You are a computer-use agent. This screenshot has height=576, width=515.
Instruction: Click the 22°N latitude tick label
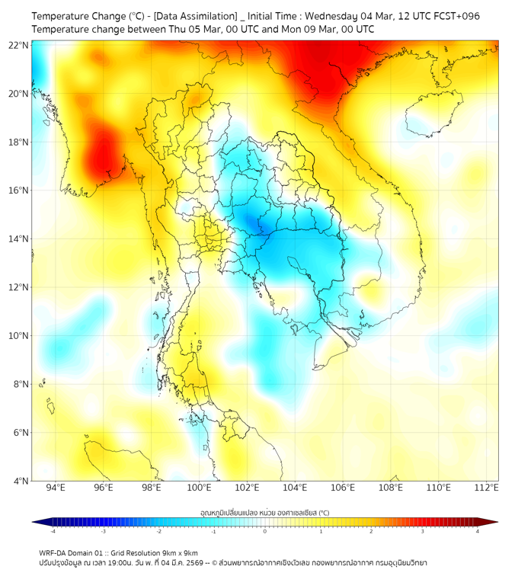click(x=19, y=45)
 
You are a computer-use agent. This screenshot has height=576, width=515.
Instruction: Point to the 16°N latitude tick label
click(x=19, y=190)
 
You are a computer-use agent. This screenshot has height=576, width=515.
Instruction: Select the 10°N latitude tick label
click(x=19, y=335)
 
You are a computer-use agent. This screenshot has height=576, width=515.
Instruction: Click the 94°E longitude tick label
click(x=56, y=488)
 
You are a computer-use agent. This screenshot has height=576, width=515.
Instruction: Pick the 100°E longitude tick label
click(x=199, y=488)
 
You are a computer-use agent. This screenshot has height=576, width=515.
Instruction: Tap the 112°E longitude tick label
click(x=486, y=488)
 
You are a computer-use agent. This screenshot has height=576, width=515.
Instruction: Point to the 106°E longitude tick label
click(x=343, y=488)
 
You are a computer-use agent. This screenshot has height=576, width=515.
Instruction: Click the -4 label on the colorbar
click(x=52, y=531)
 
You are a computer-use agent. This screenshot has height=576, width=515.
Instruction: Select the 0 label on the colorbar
click(x=265, y=531)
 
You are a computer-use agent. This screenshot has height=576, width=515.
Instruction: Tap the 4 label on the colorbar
click(x=478, y=531)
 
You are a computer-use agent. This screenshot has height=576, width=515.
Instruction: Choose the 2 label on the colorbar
click(x=371, y=531)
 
